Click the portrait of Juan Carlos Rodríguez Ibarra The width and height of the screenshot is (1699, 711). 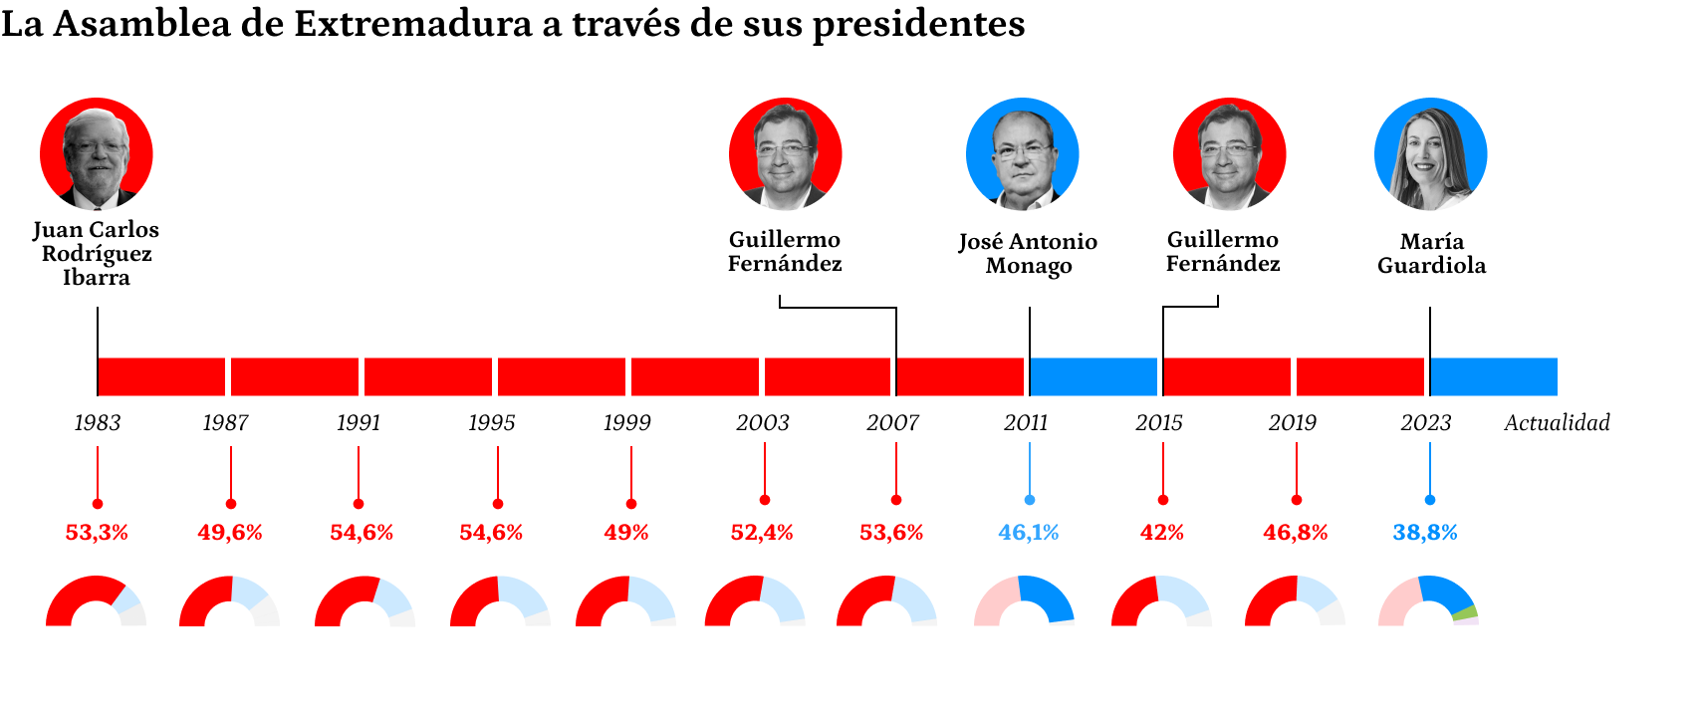(x=97, y=154)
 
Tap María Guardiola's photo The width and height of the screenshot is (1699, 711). (x=1430, y=154)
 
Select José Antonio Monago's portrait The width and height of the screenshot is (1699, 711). (x=1023, y=154)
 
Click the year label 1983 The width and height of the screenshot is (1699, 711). (x=98, y=422)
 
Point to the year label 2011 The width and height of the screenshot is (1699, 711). (x=1026, y=422)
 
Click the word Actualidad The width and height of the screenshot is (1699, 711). (x=1557, y=422)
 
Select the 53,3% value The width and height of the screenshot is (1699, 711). (x=97, y=533)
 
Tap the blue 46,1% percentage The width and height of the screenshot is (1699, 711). (x=1028, y=533)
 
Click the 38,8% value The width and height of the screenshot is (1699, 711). (x=1424, y=533)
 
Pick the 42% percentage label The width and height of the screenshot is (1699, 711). (x=1161, y=533)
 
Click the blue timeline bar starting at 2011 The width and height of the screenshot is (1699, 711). (x=1093, y=376)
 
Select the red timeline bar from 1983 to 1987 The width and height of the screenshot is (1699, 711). (x=161, y=376)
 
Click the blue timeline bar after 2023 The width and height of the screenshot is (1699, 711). (x=1494, y=376)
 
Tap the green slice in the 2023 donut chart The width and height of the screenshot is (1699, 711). (x=1465, y=612)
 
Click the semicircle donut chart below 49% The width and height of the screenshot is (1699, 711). (x=625, y=601)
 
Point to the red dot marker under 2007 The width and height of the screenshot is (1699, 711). (x=896, y=500)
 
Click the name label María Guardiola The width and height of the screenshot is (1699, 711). (x=1431, y=253)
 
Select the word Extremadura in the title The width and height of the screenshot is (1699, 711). (x=412, y=24)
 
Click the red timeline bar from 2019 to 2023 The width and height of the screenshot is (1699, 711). (x=1360, y=376)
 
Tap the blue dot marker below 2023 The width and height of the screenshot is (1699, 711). (x=1430, y=500)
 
